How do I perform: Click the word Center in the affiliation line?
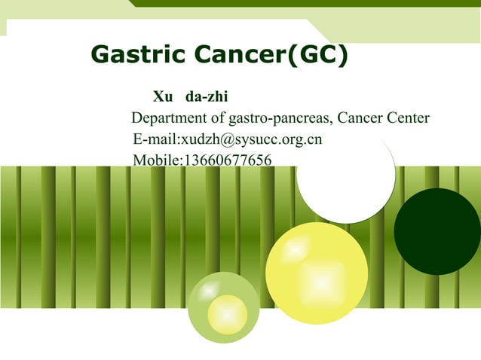407,118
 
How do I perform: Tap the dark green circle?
437,231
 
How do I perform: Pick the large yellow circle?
317,273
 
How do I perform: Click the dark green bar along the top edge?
302,4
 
